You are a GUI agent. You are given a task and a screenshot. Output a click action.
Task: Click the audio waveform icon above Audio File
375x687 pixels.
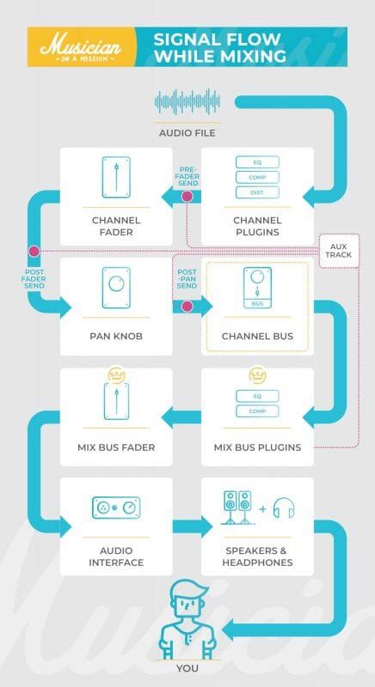pos(187,103)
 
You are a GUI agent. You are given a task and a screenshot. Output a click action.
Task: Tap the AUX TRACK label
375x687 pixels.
pos(337,250)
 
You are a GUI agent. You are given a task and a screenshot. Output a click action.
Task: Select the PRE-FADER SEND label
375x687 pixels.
pos(188,176)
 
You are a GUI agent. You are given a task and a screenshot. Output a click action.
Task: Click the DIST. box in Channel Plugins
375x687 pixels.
pos(260,192)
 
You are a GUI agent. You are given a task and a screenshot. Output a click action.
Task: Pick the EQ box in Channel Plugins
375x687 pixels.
pos(260,162)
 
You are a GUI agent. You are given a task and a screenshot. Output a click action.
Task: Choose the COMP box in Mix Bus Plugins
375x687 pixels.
pos(260,411)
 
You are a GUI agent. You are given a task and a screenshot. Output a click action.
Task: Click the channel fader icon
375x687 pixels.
pos(116,179)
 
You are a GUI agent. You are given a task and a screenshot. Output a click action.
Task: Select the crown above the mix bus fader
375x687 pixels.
pos(116,374)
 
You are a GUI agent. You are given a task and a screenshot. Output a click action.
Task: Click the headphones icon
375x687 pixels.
pos(283,509)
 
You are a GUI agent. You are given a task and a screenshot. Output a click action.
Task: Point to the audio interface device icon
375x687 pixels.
pos(116,508)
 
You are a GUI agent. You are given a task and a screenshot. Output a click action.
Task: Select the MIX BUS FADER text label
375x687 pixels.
pos(116,447)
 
